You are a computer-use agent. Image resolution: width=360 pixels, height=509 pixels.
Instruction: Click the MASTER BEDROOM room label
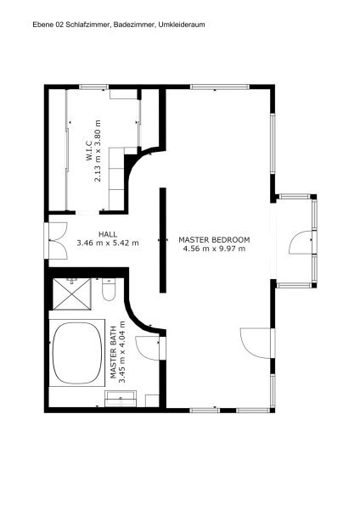(x=214, y=240)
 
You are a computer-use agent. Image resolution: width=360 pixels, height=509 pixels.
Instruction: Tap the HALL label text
(x=108, y=234)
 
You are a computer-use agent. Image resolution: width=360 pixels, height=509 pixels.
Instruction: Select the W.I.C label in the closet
(x=89, y=153)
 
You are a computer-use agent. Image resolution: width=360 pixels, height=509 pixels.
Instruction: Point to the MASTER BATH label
(x=113, y=353)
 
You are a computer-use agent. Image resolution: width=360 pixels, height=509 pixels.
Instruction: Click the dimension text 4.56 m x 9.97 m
(x=214, y=249)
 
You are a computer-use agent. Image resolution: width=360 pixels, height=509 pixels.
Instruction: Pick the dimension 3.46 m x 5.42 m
(x=108, y=243)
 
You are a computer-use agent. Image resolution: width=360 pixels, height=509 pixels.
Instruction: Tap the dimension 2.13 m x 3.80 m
(x=98, y=151)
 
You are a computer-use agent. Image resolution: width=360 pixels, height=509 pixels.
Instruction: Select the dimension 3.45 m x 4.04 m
(x=122, y=352)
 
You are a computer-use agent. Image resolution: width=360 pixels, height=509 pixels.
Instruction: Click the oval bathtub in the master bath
(x=77, y=352)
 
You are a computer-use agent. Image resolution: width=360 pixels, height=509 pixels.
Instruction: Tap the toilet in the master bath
(x=109, y=289)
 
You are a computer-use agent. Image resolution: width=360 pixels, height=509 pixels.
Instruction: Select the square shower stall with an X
(x=72, y=294)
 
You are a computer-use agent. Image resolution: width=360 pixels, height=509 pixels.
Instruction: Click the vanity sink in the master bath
(x=121, y=399)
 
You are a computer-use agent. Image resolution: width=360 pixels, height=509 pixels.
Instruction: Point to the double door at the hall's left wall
(x=55, y=241)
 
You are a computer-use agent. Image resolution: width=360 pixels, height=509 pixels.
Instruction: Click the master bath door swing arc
(x=147, y=348)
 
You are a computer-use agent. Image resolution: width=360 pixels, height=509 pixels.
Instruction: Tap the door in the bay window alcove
(x=302, y=242)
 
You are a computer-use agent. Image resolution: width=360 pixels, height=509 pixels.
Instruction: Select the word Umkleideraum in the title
(x=182, y=25)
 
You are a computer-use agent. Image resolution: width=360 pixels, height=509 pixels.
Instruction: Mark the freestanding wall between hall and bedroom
(x=163, y=240)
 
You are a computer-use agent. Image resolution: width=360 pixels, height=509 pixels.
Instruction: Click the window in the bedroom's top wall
(x=220, y=87)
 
